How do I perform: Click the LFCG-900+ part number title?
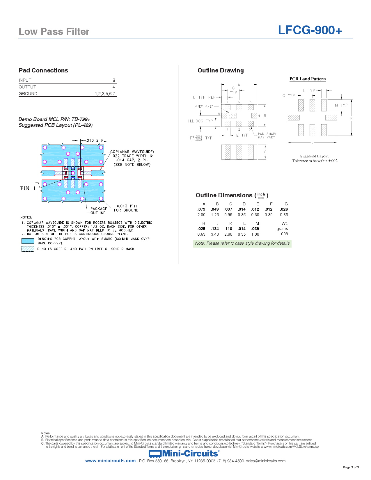pyautogui.click(x=310, y=30)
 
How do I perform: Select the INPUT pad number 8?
pyautogui.click(x=114, y=80)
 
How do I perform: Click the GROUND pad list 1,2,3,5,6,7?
pyautogui.click(x=105, y=94)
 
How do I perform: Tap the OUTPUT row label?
pyautogui.click(x=27, y=87)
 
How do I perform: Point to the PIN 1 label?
pyautogui.click(x=28, y=188)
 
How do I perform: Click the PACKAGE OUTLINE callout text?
pyautogui.click(x=99, y=211)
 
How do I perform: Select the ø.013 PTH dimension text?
pyautogui.click(x=127, y=206)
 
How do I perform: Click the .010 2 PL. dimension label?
pyautogui.click(x=96, y=140)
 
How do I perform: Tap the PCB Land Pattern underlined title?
pyautogui.click(x=308, y=79)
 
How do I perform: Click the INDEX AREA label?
pyautogui.click(x=203, y=106)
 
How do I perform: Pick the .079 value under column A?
pyautogui.click(x=201, y=209)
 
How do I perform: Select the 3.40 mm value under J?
pyautogui.click(x=215, y=234)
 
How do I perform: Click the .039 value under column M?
pyautogui.click(x=255, y=229)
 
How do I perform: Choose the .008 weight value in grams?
pyautogui.click(x=284, y=234)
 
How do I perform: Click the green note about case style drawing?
pyautogui.click(x=242, y=243)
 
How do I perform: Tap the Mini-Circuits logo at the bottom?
pyautogui.click(x=184, y=454)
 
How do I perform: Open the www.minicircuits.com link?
pyautogui.click(x=110, y=461)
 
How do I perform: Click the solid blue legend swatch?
pyautogui.click(x=28, y=241)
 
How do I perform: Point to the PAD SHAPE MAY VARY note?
pyautogui.click(x=267, y=135)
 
